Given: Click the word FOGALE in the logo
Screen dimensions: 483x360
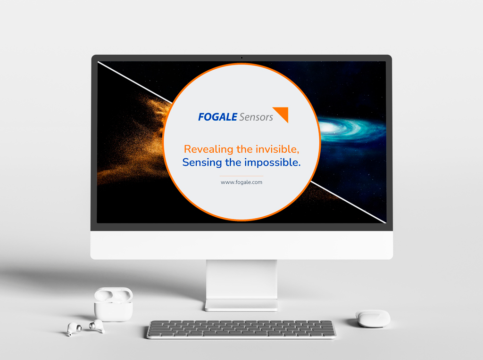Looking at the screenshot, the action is click(217, 117).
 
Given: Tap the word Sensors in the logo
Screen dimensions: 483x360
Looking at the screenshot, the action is click(256, 117).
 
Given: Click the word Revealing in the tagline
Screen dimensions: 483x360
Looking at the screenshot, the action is click(208, 149).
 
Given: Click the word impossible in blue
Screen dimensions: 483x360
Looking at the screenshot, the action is click(273, 163).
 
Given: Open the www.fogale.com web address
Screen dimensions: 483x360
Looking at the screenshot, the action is click(241, 182).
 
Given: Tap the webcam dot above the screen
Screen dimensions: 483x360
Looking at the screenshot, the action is click(242, 57).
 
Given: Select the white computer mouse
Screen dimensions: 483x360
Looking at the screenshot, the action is click(373, 319).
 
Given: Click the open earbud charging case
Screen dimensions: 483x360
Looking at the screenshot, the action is click(113, 304).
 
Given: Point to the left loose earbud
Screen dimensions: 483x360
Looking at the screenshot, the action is click(74, 329).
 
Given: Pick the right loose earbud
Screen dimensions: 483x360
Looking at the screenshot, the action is click(97, 326).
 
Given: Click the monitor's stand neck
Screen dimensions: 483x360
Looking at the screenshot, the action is click(241, 279).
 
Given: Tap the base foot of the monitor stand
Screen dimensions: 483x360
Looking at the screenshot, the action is click(241, 305).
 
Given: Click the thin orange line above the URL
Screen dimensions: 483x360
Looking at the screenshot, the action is click(241, 176).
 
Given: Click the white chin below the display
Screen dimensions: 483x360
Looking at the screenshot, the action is click(241, 245).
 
